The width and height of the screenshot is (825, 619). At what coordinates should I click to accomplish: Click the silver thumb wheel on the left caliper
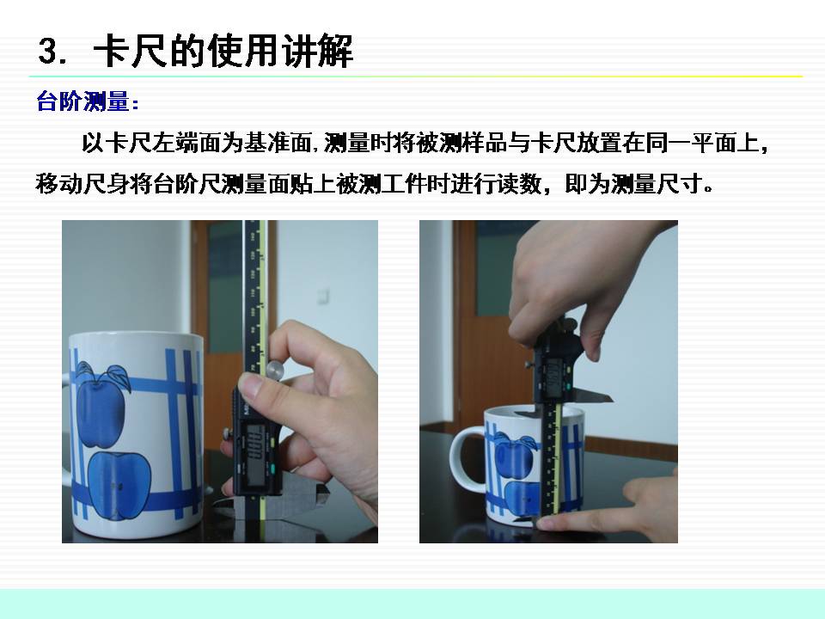[273, 371]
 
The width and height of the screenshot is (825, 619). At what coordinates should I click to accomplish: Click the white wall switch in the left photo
[323, 295]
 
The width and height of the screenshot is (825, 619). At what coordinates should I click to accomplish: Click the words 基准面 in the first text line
[272, 144]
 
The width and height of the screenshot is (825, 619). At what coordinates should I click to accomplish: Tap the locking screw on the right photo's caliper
[565, 324]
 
